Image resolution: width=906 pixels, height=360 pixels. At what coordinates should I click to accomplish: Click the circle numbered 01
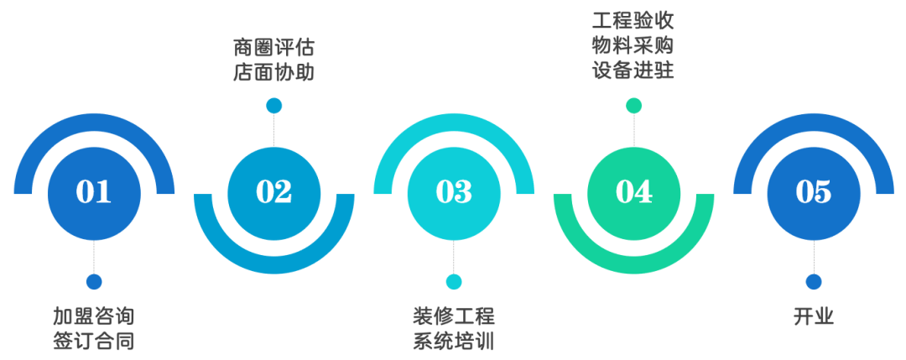94,192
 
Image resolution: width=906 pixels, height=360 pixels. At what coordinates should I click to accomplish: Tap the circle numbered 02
273,192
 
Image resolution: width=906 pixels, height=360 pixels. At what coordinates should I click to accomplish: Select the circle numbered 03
454,192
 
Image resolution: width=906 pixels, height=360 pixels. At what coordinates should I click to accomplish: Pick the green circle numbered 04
633,192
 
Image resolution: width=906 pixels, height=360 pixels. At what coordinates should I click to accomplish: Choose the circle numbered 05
813,192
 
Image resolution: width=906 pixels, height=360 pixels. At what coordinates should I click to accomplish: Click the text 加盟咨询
93,316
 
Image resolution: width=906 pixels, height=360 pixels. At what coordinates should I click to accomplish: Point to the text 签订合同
93,342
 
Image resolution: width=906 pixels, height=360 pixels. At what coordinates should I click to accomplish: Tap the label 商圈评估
273,47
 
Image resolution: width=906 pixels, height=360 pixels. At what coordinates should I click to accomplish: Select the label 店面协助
273,72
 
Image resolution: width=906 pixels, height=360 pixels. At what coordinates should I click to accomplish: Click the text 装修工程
454,316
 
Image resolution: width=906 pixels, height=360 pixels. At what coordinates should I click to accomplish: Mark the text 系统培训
454,342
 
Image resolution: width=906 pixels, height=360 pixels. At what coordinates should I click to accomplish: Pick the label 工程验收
633,19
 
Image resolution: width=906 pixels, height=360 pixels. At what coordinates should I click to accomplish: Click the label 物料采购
633,44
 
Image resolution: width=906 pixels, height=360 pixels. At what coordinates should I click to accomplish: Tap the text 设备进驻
633,70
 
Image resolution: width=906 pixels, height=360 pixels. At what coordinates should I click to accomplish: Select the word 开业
813,316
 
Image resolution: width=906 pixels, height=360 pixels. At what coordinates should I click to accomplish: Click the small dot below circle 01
94,282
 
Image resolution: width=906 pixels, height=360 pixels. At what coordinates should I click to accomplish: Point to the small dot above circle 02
273,105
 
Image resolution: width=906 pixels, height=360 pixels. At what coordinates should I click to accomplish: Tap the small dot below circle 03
454,282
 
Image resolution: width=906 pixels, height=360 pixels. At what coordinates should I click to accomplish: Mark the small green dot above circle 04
633,105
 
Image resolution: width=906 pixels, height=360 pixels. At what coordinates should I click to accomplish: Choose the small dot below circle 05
813,282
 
